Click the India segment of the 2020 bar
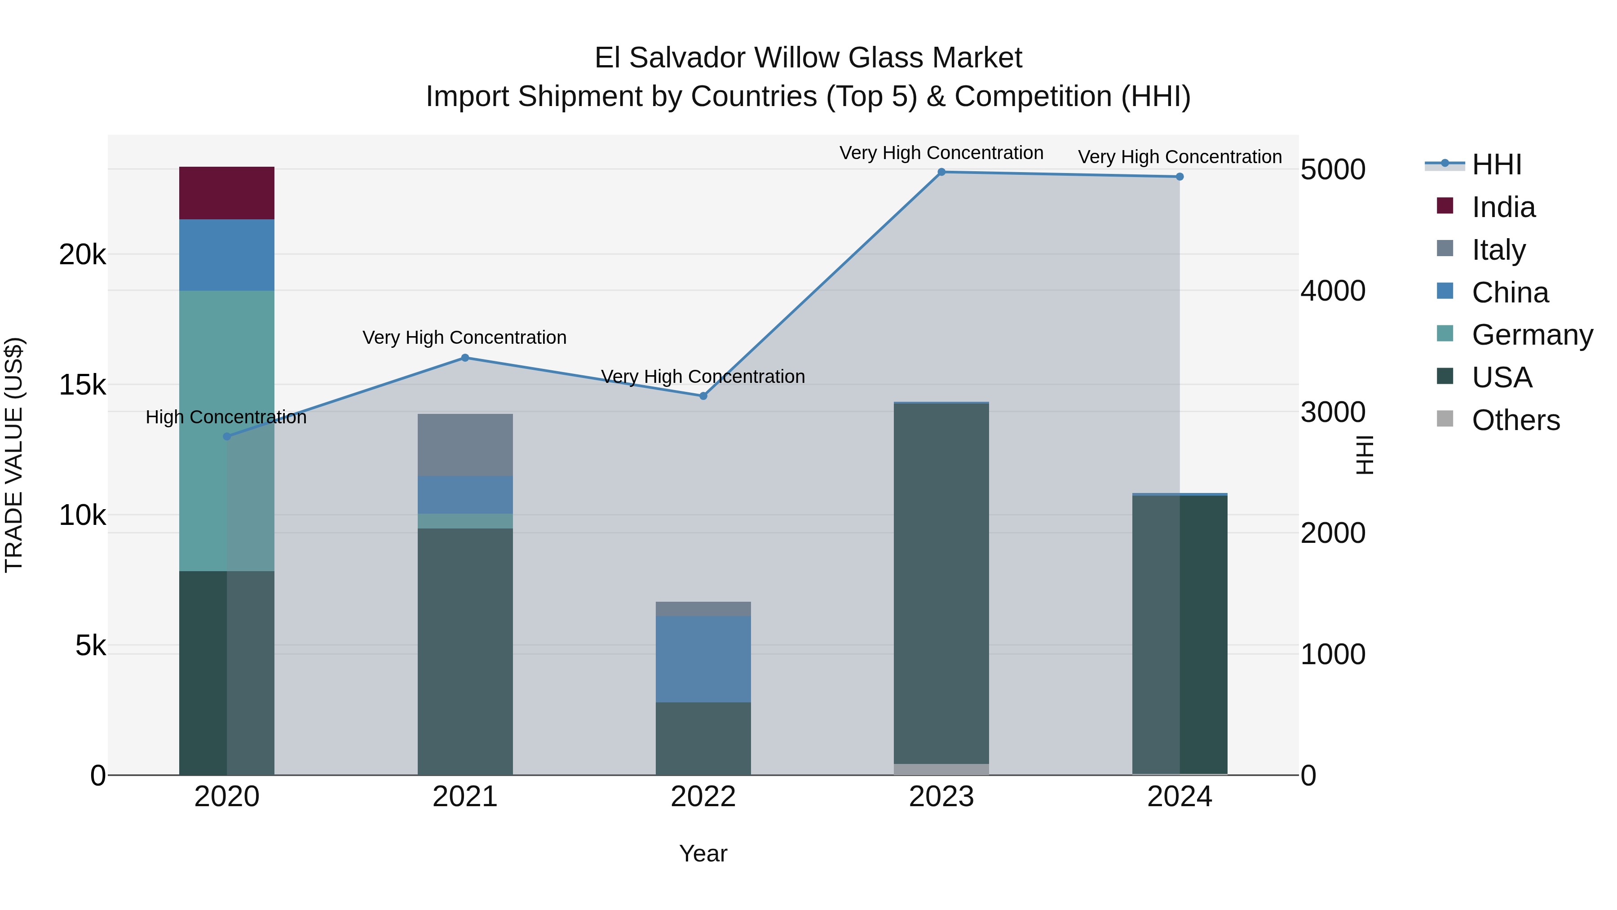click(227, 193)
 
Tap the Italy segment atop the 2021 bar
click(465, 444)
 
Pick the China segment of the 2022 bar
click(703, 659)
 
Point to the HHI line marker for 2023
click(941, 172)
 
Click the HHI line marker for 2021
click(465, 358)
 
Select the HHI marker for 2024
click(1180, 177)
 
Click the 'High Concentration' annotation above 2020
click(226, 417)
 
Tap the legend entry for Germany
click(1532, 335)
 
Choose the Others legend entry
click(1515, 420)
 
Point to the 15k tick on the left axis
click(82, 385)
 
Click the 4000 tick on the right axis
click(1333, 291)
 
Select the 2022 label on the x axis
click(703, 797)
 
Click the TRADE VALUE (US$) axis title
click(14, 455)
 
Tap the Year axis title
click(703, 853)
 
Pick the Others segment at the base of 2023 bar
click(941, 769)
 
